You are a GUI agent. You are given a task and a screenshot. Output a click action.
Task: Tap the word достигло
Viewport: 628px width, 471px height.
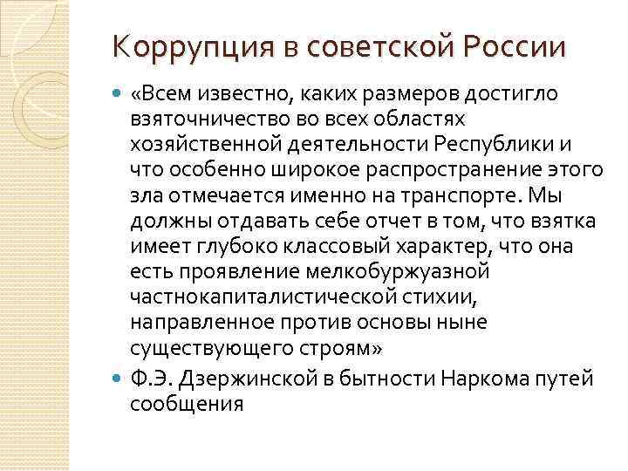520,92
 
